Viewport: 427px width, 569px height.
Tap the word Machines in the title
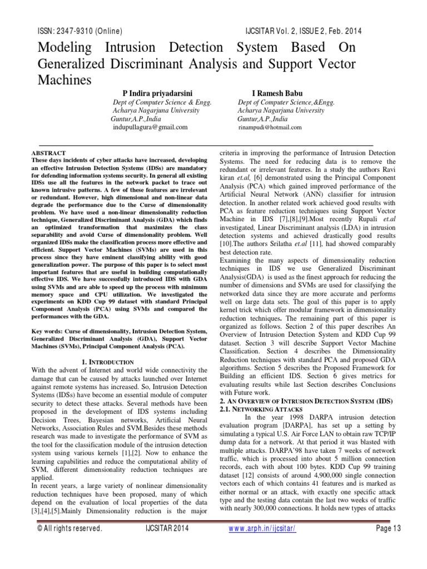coord(64,80)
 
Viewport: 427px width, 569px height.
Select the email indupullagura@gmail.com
coord(151,127)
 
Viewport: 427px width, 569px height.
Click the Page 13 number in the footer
coord(389,544)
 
